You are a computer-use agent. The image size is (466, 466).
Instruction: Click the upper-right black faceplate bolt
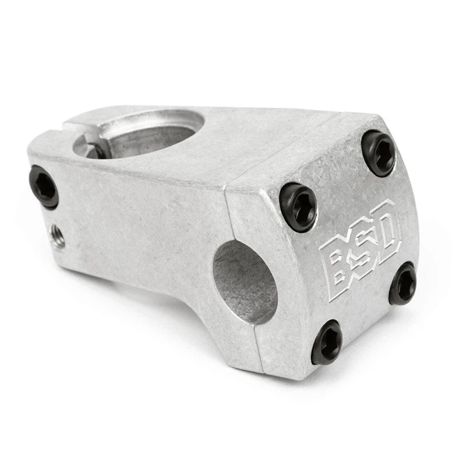[379, 153]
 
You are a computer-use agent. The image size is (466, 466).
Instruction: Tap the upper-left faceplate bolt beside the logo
[298, 207]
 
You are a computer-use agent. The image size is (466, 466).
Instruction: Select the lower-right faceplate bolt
[403, 283]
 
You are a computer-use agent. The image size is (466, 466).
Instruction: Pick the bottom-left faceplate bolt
[327, 343]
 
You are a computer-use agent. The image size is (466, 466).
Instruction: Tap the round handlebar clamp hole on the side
[245, 282]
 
